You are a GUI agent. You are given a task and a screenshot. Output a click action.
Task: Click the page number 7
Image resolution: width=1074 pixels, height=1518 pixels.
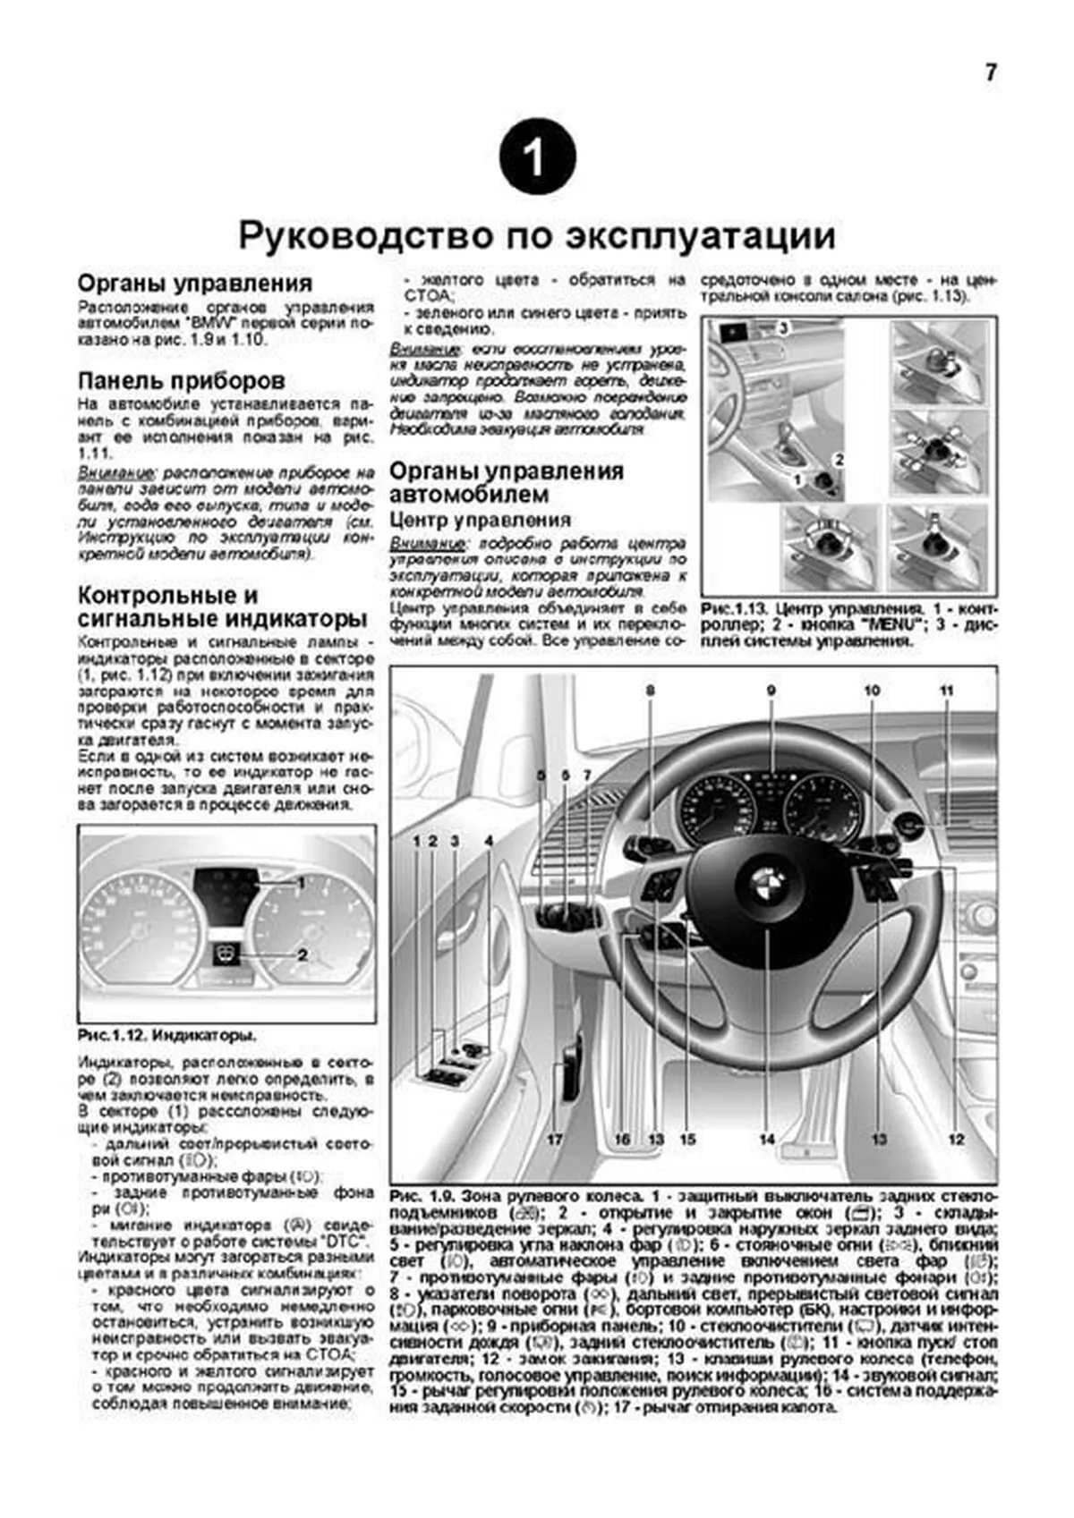pyautogui.click(x=990, y=73)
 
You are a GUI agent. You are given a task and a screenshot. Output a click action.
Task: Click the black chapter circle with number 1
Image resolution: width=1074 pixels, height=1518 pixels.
pyautogui.click(x=536, y=157)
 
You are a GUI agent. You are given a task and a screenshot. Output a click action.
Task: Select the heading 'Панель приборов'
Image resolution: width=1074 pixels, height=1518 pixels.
pyautogui.click(x=181, y=380)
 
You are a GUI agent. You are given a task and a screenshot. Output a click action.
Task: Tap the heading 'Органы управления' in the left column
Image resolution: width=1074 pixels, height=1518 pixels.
pyautogui.click(x=194, y=284)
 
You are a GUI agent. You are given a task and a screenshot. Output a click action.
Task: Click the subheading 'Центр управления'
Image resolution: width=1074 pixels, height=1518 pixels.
pyautogui.click(x=480, y=520)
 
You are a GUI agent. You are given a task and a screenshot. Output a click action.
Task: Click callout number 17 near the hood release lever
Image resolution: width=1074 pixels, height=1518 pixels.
pyautogui.click(x=555, y=1140)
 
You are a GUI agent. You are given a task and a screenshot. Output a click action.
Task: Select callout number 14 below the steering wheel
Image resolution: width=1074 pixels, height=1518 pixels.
pyautogui.click(x=767, y=1140)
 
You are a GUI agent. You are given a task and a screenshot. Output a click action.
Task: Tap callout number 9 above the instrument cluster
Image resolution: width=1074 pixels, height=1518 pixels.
pyautogui.click(x=770, y=690)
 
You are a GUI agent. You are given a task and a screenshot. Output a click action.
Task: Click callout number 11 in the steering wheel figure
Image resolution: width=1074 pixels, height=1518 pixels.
pyautogui.click(x=946, y=690)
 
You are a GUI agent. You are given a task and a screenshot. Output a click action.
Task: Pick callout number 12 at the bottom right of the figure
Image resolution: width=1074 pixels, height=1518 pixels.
pyautogui.click(x=956, y=1140)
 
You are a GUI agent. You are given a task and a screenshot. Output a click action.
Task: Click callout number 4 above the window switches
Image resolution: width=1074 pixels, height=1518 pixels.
pyautogui.click(x=489, y=841)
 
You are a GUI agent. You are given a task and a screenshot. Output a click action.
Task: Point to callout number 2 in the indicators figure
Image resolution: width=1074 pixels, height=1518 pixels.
pyautogui.click(x=303, y=955)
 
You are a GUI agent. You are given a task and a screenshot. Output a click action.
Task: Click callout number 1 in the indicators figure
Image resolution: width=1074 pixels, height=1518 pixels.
pyautogui.click(x=302, y=883)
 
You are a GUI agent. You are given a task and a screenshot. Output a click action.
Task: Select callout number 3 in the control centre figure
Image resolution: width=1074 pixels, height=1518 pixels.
pyautogui.click(x=782, y=329)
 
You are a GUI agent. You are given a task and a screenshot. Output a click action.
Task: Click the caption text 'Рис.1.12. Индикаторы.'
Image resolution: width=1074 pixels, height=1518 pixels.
pyautogui.click(x=166, y=1035)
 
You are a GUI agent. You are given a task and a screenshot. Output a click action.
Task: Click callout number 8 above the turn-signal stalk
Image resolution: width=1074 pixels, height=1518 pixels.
pyautogui.click(x=651, y=690)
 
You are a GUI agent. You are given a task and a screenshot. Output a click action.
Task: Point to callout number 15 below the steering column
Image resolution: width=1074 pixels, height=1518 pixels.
pyautogui.click(x=686, y=1140)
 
